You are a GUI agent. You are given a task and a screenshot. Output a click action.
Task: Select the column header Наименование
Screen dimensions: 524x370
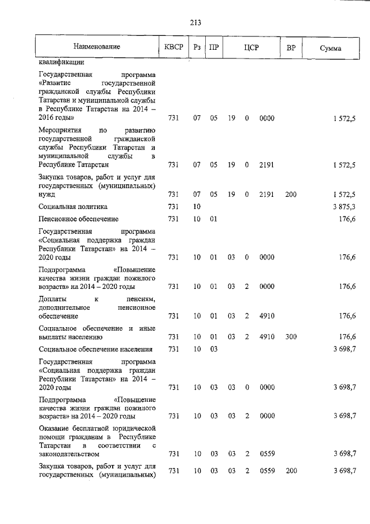point(97,47)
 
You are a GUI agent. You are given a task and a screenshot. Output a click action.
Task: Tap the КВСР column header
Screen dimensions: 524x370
point(173,47)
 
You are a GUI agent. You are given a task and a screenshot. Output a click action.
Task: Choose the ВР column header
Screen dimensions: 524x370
point(291,47)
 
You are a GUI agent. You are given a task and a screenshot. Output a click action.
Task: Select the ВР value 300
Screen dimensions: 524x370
point(291,336)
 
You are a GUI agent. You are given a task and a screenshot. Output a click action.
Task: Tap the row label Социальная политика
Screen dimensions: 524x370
point(73,207)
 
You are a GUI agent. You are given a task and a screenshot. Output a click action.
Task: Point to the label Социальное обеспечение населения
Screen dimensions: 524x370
point(95,349)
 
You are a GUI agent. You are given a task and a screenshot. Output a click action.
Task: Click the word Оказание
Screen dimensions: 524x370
point(54,427)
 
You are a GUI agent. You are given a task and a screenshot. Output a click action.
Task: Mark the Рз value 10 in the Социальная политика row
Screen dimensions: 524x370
point(197,207)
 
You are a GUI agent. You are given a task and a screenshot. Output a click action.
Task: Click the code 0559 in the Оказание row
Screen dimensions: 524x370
point(267,455)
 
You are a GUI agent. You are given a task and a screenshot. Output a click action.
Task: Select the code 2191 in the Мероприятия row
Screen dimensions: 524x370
point(267,165)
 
